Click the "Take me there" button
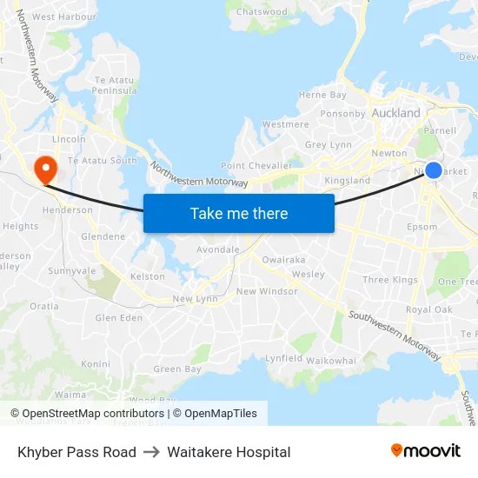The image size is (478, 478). click(x=239, y=213)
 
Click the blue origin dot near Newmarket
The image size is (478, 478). click(x=434, y=170)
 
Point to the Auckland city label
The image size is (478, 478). click(x=395, y=113)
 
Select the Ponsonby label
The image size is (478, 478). click(x=343, y=113)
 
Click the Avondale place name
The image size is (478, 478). click(x=217, y=249)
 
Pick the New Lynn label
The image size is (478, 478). click(x=195, y=299)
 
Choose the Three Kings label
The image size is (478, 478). click(x=389, y=280)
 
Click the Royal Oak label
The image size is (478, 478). click(x=428, y=309)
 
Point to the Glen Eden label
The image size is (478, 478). click(x=118, y=318)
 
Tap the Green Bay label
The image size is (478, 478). click(x=176, y=368)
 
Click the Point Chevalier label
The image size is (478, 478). click(x=256, y=165)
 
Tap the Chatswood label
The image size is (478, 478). click(x=262, y=12)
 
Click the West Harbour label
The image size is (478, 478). click(x=63, y=17)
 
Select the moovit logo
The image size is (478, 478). click(x=426, y=451)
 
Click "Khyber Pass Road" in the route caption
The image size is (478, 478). click(x=76, y=452)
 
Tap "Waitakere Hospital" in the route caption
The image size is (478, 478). click(x=229, y=452)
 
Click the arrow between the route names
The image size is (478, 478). click(x=152, y=452)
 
